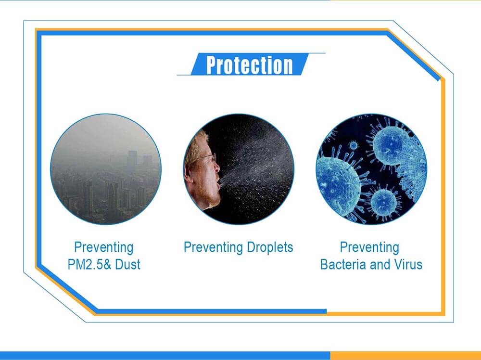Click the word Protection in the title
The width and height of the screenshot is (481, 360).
[x=249, y=65]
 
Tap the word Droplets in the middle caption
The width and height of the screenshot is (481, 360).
[x=270, y=247]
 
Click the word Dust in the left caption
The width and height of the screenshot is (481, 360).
[x=127, y=264]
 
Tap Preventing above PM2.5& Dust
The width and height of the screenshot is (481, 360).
[x=104, y=247]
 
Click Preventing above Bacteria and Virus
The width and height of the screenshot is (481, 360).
[x=369, y=247]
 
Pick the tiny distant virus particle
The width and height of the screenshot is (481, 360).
[x=354, y=145]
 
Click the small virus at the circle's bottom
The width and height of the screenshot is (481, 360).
[x=384, y=202]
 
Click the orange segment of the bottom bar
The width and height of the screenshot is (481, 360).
[x=405, y=355]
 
